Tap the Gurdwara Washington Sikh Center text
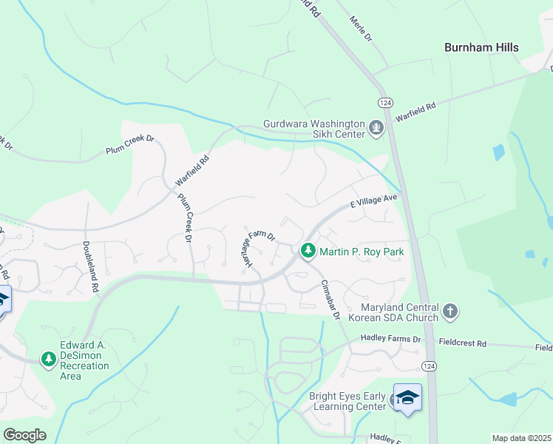315,129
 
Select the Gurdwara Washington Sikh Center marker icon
376,129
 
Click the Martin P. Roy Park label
362,252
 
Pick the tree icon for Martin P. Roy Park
308,252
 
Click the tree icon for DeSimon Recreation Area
49,359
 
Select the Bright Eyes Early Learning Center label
347,401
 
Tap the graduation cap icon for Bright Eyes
407,397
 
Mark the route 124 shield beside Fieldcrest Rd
429,366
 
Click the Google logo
24,435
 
